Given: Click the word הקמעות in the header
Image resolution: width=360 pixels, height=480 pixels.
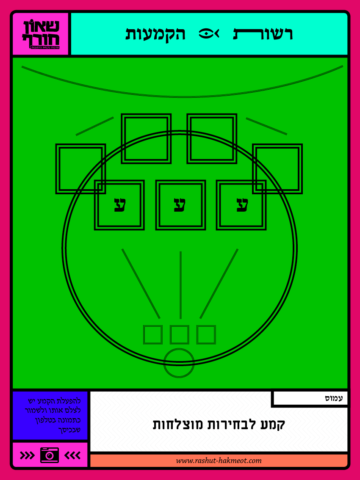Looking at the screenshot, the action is point(155,34).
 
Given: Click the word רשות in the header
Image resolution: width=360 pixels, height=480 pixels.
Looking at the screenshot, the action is point(263,34).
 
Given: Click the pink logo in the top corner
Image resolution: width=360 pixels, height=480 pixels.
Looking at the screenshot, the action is point(41,34).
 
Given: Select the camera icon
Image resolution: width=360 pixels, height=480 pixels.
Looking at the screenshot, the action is point(50,455).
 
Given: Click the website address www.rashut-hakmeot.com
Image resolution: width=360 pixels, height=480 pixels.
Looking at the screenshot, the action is point(219,461).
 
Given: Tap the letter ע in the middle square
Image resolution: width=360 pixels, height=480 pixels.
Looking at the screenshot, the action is point(180,205).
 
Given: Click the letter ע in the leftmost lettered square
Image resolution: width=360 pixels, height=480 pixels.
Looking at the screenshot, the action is point(119,205).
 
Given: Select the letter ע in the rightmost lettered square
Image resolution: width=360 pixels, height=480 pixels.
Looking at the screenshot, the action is point(241,205).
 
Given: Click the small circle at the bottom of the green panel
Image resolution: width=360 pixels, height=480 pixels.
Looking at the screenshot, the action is point(179,363).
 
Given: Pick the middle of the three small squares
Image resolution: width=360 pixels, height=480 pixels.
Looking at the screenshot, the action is point(180,335).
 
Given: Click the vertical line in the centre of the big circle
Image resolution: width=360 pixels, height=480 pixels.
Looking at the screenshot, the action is point(181,284).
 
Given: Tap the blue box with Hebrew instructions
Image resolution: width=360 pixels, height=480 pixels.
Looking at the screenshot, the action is point(50,416).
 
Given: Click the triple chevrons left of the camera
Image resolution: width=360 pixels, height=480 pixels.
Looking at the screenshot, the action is point(28,455).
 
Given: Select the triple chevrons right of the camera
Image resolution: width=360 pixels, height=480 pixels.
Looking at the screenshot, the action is point(72,455).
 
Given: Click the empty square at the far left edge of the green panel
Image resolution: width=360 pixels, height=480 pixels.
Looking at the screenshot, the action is point(80,168).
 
